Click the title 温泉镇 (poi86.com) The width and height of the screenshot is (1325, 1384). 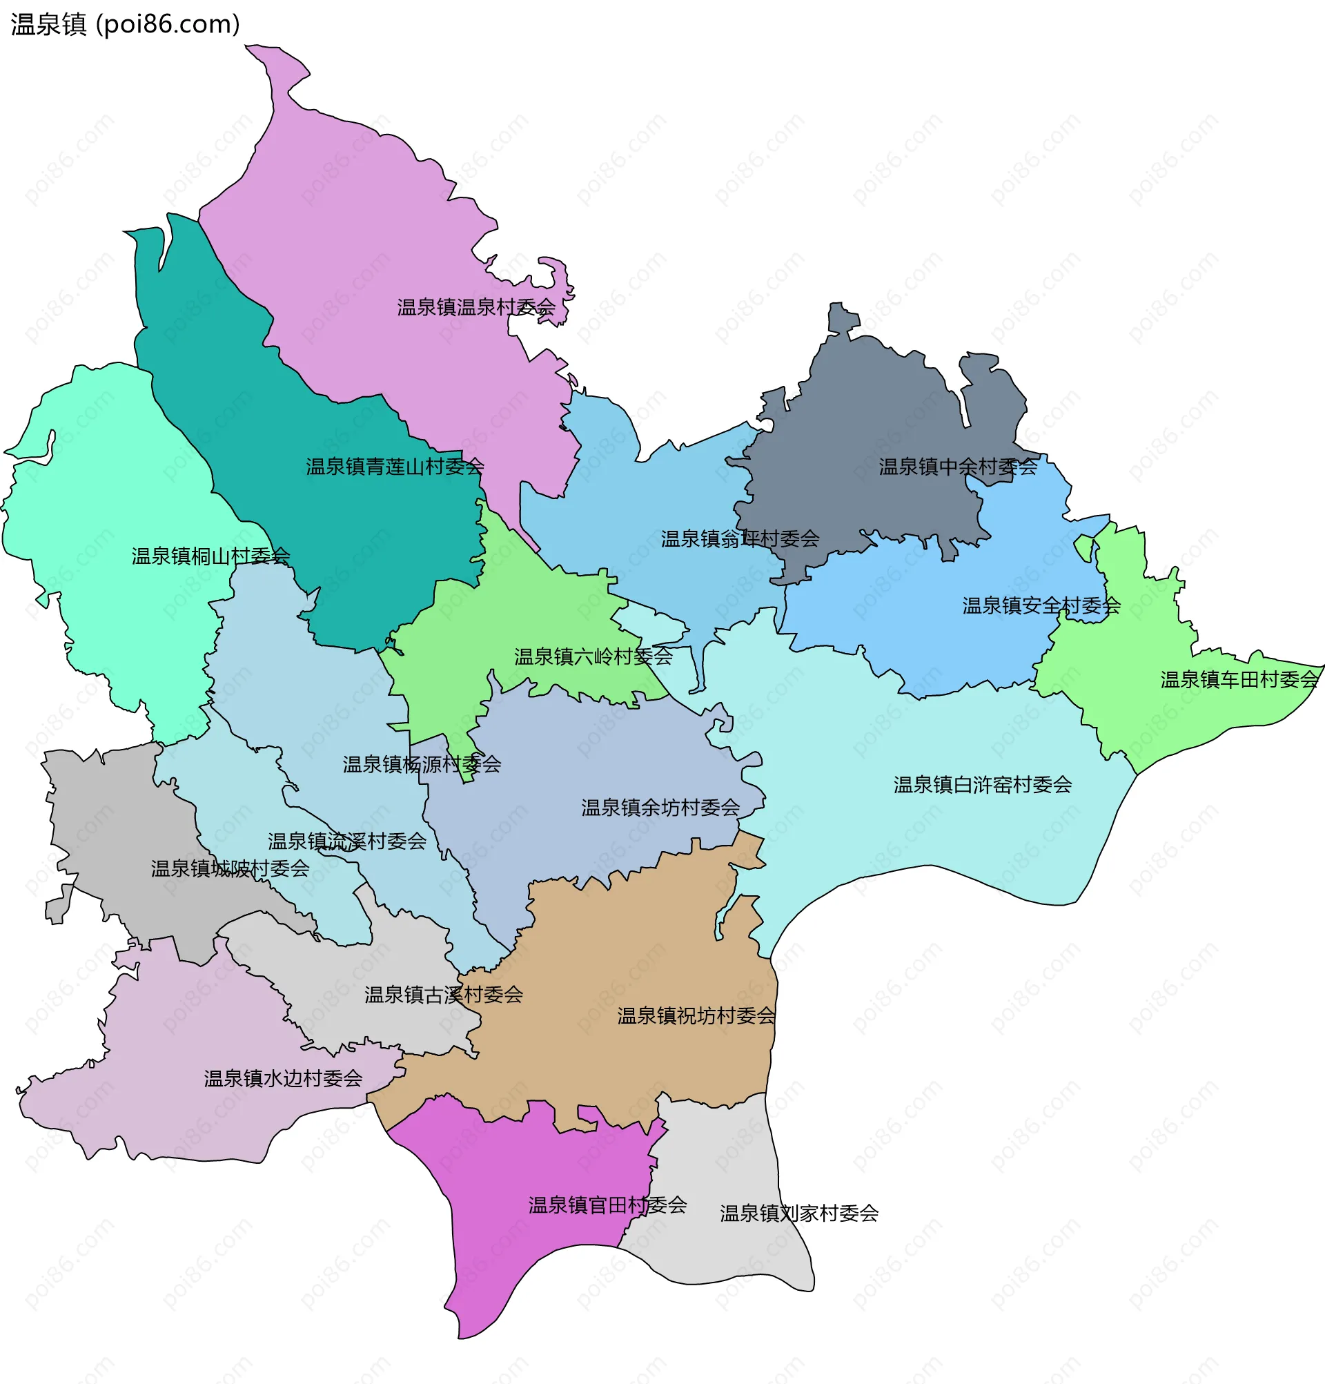pos(126,25)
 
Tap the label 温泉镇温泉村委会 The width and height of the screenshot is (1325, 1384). pos(475,307)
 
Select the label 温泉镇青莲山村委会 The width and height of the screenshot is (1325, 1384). pos(395,467)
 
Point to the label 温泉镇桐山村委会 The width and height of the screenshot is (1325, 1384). pos(210,556)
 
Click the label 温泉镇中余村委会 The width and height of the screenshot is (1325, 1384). pos(957,467)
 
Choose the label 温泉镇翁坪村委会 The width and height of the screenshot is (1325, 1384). pos(739,539)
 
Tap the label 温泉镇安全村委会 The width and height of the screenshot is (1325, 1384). pos(1041,606)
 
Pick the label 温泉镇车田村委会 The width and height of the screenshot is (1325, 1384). pos(1239,680)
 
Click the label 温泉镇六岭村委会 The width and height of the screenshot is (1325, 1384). pos(593,656)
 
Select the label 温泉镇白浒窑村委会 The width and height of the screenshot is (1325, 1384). pos(982,786)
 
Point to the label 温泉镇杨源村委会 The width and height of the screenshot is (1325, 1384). pos(422,765)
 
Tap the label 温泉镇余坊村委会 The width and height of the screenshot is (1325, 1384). pos(660,808)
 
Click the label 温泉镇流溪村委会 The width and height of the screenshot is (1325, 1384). pos(346,841)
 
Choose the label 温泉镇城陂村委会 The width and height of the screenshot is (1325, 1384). pos(230,869)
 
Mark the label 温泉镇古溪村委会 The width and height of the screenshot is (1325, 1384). pos(443,995)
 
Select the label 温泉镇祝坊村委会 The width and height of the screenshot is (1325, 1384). pos(696,1017)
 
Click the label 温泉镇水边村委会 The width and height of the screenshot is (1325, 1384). pos(283,1079)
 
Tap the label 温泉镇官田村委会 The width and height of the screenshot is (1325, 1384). pos(607,1205)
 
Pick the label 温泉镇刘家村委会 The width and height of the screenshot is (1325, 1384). pos(798,1214)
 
